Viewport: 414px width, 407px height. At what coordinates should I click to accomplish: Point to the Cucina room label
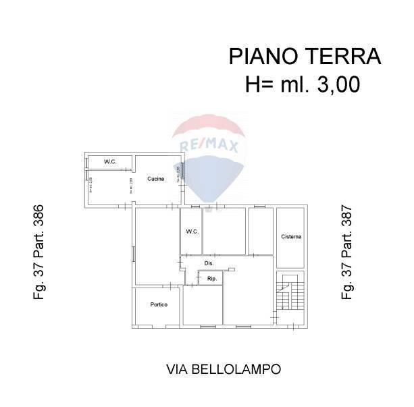tap(156, 179)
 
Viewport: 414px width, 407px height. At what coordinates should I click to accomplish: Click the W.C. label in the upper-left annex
tap(110, 162)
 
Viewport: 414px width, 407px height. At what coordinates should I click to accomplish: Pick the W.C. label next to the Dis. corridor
tap(192, 232)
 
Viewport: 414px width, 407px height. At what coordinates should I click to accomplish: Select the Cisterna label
tap(291, 237)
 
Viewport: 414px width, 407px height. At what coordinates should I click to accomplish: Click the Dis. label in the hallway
tap(209, 263)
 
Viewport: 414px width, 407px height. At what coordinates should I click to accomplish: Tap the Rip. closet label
tap(211, 278)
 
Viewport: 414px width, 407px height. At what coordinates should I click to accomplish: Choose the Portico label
tap(159, 304)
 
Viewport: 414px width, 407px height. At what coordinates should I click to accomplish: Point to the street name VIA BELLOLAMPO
tap(223, 369)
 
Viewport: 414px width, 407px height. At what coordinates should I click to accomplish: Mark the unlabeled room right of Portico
tap(202, 307)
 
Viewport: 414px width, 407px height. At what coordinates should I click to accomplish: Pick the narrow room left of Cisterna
tap(260, 231)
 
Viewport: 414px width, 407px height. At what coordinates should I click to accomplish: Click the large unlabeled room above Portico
tap(156, 246)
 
